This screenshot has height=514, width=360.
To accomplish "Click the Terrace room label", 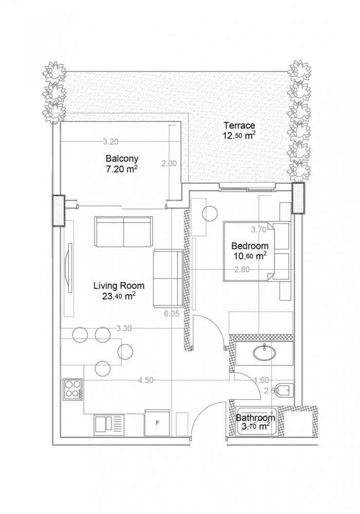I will coord(239,125).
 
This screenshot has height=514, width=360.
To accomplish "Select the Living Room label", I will coord(119,285).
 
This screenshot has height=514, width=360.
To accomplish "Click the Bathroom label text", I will coord(255,418).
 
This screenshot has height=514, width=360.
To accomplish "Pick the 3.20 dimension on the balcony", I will coord(111,141).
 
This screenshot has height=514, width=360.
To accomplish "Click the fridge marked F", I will coord(157,423).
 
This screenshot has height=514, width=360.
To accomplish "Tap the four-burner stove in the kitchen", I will coord(72,389).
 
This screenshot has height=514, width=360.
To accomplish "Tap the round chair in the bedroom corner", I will coord(210,213).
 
